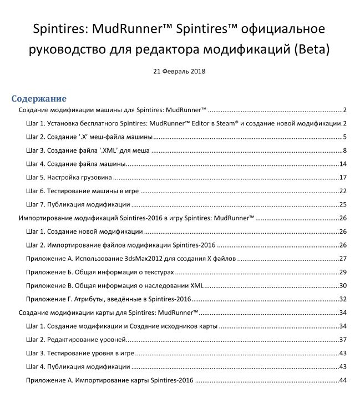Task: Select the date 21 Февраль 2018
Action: click(180, 71)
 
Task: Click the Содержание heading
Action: click(39, 98)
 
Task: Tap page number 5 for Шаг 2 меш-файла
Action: click(344, 137)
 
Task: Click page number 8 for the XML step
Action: click(344, 150)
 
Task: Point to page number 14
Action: click(343, 164)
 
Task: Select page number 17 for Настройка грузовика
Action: click(343, 177)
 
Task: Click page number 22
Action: click(343, 190)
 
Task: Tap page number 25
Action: click(343, 204)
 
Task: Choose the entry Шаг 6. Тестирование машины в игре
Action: click(82, 190)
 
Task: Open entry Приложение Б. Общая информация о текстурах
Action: click(100, 271)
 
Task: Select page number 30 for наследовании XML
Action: click(343, 285)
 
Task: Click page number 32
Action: click(343, 299)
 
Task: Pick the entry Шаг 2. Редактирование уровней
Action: click(77, 339)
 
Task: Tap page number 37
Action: click(343, 339)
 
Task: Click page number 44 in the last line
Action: click(343, 380)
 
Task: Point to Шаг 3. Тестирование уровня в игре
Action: click(82, 353)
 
